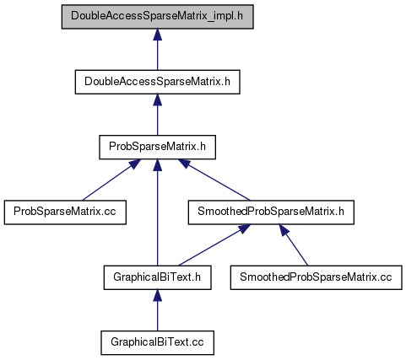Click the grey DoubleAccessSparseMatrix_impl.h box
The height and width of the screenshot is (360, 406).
(x=158, y=17)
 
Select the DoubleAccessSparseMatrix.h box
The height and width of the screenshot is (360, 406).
(x=158, y=82)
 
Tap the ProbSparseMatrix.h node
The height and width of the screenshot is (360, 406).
(x=158, y=147)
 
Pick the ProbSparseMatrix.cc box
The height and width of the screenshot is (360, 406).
(x=65, y=212)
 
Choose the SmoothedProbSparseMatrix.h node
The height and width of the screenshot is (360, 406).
(x=271, y=212)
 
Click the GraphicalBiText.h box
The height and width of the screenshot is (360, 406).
(x=158, y=277)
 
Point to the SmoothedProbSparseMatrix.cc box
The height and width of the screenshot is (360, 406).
(x=316, y=277)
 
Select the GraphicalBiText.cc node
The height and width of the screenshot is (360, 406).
(x=158, y=342)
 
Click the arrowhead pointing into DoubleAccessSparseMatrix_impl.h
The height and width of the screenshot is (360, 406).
(x=158, y=35)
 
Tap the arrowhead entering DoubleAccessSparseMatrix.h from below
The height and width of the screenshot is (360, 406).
(x=158, y=99)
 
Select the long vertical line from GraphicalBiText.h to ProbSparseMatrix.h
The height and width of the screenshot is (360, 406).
(x=158, y=212)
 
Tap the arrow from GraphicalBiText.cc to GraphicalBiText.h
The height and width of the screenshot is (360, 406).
(x=158, y=310)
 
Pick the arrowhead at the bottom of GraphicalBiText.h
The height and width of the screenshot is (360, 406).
(x=158, y=295)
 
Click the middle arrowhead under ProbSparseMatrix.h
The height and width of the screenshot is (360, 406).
(x=158, y=164)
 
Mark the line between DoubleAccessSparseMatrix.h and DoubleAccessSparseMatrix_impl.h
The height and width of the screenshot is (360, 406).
(x=158, y=49)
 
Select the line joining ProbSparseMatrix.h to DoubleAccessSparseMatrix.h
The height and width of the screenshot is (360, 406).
(x=158, y=115)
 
